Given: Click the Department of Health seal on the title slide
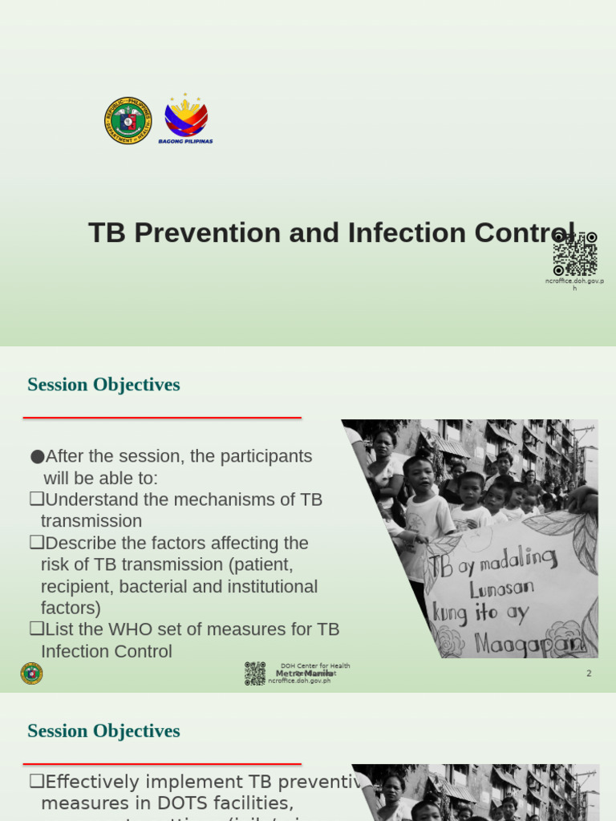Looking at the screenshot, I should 128,121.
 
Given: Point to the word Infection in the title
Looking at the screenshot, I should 396,233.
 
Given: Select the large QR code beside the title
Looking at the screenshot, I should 575,253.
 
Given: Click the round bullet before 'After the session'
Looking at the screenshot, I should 37,457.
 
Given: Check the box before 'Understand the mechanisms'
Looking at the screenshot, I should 35,499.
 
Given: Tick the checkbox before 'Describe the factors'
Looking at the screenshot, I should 35,543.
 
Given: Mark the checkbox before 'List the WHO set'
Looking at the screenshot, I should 35,629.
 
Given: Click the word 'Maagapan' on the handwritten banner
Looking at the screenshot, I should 519,642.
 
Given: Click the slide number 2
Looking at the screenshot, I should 589,673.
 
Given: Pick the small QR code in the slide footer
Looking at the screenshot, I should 255,673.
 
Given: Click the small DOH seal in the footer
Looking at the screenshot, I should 32,673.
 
